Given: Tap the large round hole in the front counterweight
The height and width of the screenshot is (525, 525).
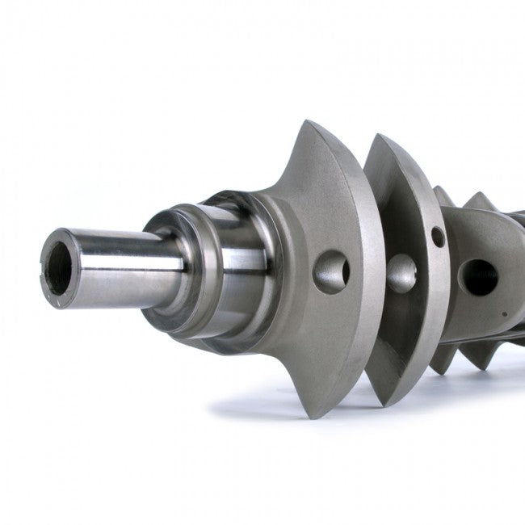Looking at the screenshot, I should click(x=330, y=271).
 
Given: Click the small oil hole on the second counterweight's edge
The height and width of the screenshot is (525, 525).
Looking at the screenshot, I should click(x=437, y=237).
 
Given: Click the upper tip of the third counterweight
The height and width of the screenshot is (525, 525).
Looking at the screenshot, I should click(x=441, y=188).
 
